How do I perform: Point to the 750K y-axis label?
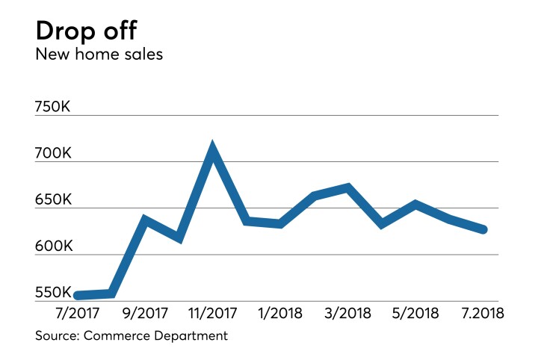(x=53, y=107)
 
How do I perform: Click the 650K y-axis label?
(x=53, y=200)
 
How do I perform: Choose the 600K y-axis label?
(x=53, y=246)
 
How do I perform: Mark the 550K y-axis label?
(x=53, y=293)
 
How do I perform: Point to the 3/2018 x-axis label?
(x=348, y=312)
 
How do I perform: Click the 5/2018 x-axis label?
(x=416, y=312)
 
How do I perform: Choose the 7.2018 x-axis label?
(x=484, y=312)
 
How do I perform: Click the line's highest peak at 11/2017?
(x=213, y=149)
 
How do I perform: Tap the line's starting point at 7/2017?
(x=77, y=296)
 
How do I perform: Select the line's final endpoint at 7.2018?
(x=484, y=229)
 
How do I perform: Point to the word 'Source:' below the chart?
(x=58, y=335)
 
